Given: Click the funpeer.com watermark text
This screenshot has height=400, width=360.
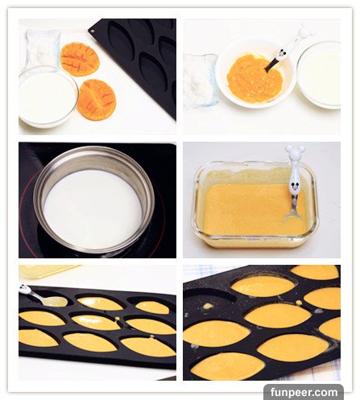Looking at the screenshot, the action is pos(304,393).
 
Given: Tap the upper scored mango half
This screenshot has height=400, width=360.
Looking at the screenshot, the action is pos(80,60).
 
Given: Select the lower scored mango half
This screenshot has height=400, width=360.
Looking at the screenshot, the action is pos(97,100).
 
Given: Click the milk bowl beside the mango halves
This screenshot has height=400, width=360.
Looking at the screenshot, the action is pos(48,97).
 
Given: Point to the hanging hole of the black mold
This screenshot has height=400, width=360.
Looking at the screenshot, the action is pos(93,31).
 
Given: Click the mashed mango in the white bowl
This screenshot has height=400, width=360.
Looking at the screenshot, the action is pos(254,78).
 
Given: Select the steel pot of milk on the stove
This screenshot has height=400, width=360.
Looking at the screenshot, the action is pos(94,200).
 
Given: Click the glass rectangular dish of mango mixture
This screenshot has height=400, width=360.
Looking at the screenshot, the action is pos(255,204).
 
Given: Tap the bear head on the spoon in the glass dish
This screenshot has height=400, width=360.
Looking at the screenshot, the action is pos(295,152).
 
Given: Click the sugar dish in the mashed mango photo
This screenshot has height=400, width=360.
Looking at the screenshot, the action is pos(200,80).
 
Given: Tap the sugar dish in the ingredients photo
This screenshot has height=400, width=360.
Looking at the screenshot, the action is pos(43,48).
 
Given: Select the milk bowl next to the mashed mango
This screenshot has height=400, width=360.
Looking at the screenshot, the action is pos(320,75).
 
